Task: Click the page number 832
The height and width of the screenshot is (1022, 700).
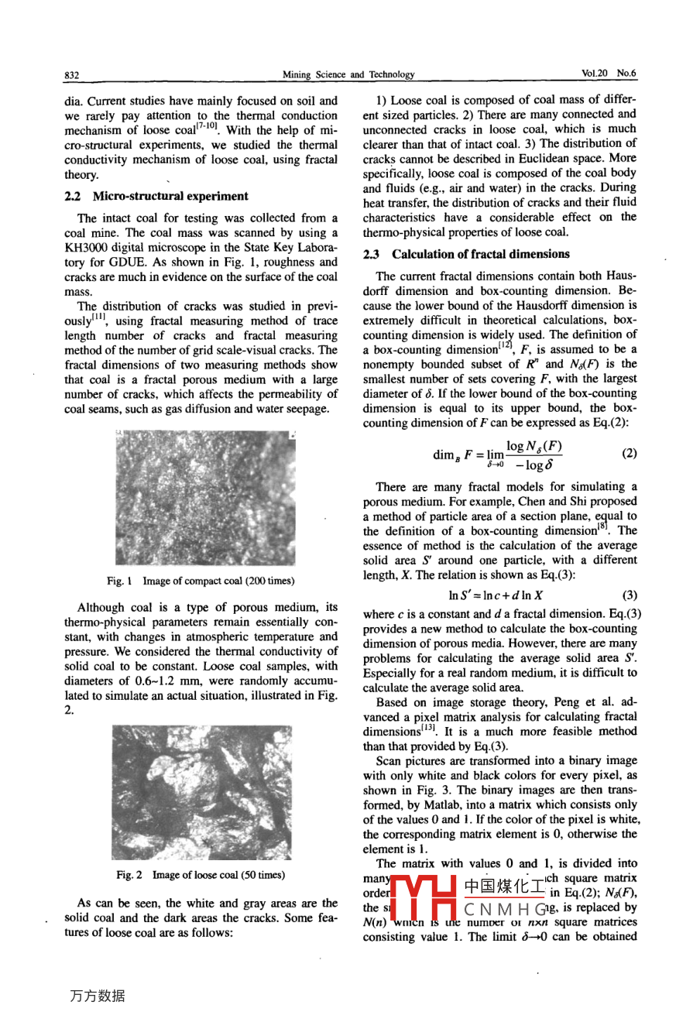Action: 71,75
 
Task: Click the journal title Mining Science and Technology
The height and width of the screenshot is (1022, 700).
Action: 348,75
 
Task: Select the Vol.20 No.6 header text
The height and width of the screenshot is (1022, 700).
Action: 608,74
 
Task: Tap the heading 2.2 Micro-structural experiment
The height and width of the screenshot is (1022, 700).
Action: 156,197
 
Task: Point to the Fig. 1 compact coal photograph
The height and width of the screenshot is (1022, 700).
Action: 205,498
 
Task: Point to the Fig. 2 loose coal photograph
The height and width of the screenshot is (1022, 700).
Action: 201,791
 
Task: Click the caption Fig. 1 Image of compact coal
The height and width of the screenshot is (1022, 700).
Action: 201,581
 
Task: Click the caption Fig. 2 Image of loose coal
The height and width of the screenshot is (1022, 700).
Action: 201,875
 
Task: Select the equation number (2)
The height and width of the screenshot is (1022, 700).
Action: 630,453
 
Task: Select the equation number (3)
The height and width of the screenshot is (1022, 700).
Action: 630,595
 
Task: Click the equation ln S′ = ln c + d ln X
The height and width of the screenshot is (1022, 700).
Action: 496,595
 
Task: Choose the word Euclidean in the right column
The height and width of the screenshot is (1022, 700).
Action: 540,159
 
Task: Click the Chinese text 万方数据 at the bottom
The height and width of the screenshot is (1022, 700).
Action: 97,996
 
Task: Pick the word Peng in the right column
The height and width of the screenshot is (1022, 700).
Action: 568,702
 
